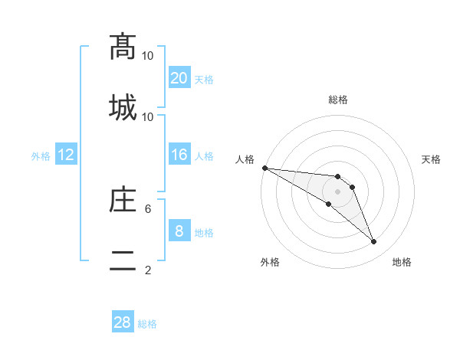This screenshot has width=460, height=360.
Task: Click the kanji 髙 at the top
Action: click(123, 46)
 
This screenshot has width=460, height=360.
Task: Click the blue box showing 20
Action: click(179, 77)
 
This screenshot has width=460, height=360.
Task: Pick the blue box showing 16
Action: click(179, 155)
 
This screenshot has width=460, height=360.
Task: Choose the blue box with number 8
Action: click(179, 231)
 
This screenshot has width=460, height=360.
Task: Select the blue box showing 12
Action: click(66, 155)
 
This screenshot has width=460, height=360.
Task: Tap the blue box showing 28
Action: click(123, 322)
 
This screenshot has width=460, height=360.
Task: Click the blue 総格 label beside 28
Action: click(147, 324)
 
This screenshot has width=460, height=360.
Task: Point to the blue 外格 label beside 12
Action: click(41, 156)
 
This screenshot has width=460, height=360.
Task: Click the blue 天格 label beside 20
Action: click(204, 79)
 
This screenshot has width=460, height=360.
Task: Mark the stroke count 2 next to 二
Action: click(148, 270)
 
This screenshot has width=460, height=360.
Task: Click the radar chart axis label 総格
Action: click(338, 100)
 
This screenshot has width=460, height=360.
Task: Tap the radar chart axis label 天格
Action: click(432, 159)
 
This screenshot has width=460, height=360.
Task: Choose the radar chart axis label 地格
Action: click(402, 262)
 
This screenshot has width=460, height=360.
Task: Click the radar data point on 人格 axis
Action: click(264, 168)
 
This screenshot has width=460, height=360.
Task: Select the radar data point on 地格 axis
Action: click(374, 242)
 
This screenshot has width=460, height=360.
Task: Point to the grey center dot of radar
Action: click(338, 191)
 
